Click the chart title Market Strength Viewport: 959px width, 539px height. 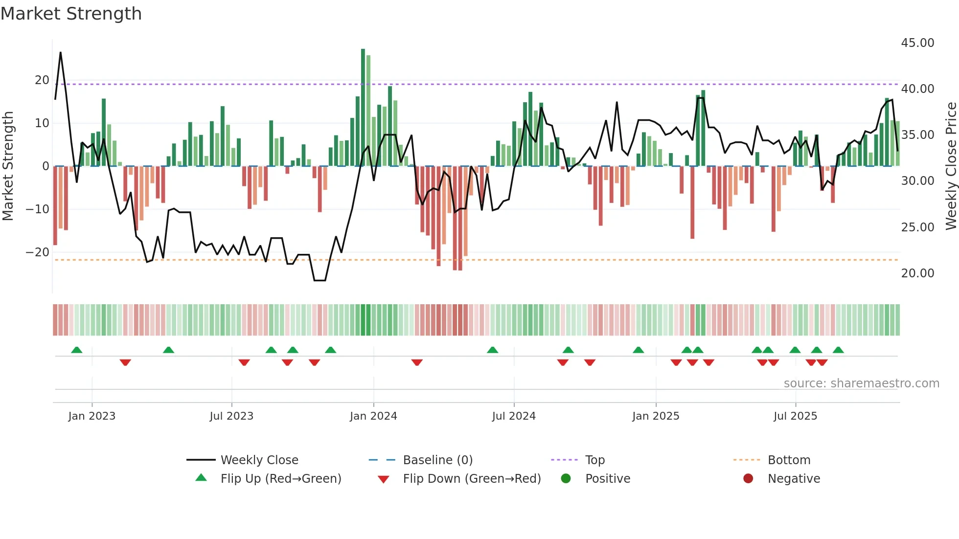tap(71, 14)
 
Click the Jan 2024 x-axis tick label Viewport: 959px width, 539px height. tap(373, 416)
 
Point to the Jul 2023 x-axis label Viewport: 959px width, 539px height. tap(231, 416)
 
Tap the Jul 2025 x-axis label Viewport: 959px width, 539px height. tap(795, 416)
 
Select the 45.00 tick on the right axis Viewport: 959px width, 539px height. tap(917, 43)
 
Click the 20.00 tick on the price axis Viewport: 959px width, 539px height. tap(917, 273)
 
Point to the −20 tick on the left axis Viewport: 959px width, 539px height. tap(38, 252)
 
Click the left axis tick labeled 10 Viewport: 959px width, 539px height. tap(42, 123)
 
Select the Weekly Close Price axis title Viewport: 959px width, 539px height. tap(951, 166)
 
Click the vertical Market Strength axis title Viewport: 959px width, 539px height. tap(8, 166)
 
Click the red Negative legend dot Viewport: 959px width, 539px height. tap(748, 479)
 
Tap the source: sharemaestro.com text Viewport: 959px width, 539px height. tap(861, 383)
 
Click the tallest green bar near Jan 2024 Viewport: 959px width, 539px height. tap(363, 108)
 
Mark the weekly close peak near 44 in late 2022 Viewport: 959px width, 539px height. tap(61, 53)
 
